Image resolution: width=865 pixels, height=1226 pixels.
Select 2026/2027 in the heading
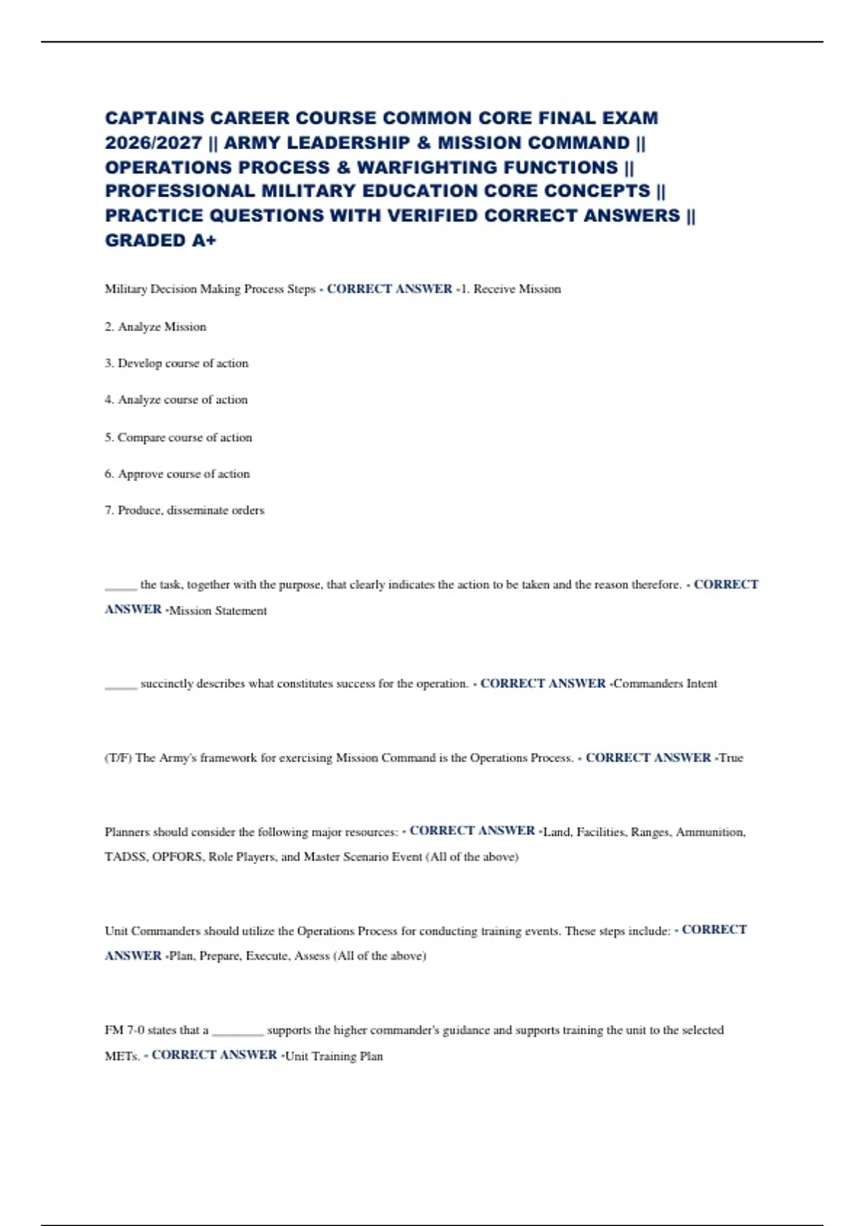tap(153, 143)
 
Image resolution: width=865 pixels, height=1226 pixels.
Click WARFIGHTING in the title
tap(428, 167)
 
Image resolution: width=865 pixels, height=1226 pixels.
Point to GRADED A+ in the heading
tap(160, 241)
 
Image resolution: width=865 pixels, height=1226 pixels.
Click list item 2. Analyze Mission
tap(156, 327)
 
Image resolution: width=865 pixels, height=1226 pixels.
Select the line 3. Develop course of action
tap(177, 363)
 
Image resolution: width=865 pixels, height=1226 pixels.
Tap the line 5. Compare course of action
tap(178, 438)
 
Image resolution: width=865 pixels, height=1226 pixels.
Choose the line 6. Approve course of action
tap(177, 474)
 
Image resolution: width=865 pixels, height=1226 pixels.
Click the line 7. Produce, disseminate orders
tap(185, 511)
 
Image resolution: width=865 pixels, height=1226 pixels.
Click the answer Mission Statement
tap(218, 611)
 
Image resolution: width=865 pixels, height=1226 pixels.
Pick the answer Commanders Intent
tap(665, 684)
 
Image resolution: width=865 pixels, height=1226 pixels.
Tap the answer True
tap(731, 758)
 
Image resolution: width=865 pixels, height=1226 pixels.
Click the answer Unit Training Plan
tap(334, 1057)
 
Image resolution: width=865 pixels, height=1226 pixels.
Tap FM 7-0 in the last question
tap(124, 1031)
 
